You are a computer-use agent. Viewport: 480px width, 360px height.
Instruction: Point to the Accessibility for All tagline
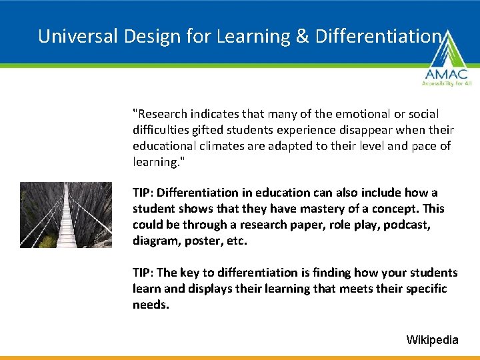coord(445,83)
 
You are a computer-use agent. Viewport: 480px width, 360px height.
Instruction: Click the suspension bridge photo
coord(66,215)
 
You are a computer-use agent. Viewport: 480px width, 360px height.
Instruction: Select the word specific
coord(423,289)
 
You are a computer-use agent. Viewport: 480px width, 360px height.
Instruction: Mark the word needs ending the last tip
coord(149,305)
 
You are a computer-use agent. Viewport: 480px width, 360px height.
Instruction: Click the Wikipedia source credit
coord(432,340)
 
